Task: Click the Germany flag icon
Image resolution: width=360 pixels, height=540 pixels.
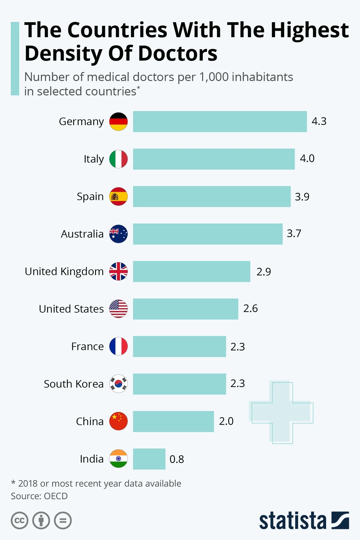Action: click(118, 121)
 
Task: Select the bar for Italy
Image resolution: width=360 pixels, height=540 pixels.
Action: click(214, 159)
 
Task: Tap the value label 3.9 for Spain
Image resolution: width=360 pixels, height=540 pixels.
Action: click(302, 197)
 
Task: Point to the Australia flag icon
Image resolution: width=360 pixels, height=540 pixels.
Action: click(118, 234)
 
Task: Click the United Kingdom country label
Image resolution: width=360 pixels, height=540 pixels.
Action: click(64, 271)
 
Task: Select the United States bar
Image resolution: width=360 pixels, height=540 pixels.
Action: click(185, 309)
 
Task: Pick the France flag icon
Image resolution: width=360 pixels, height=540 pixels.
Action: click(118, 346)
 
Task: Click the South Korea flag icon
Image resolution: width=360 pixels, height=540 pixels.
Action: click(118, 384)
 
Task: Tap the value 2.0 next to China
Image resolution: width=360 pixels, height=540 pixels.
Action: click(226, 421)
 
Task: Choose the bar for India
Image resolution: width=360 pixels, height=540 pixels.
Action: click(149, 459)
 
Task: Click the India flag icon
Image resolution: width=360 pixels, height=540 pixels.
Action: click(118, 459)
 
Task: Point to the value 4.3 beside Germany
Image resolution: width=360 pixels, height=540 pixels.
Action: click(319, 121)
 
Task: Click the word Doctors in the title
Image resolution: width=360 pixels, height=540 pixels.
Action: click(178, 54)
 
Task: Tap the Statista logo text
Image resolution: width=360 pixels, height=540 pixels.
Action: click(292, 521)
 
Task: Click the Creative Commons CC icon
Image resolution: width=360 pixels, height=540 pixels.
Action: click(19, 520)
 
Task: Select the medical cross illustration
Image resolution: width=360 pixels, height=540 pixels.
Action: click(281, 412)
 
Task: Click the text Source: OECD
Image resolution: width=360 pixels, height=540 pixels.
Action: click(39, 496)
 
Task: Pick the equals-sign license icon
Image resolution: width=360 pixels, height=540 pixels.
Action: click(63, 520)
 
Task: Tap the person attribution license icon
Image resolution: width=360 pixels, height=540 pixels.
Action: click(41, 520)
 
